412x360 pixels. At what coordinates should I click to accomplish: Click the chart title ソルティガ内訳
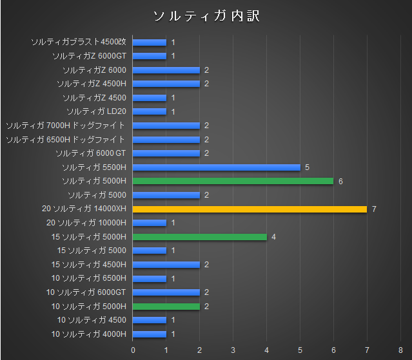click(x=206, y=15)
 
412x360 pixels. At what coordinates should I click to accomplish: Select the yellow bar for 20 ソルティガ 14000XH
click(x=250, y=209)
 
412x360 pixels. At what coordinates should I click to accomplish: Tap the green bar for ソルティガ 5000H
click(x=233, y=181)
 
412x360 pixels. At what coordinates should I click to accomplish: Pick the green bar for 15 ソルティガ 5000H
click(x=200, y=237)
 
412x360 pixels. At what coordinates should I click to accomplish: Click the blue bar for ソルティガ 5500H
click(x=217, y=167)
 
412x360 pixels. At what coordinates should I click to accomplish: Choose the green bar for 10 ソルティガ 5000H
click(x=166, y=306)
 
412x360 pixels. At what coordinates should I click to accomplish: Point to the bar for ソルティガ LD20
click(x=150, y=111)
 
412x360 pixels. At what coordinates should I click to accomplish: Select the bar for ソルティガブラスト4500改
click(x=150, y=43)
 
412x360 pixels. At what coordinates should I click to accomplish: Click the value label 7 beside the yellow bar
click(x=374, y=209)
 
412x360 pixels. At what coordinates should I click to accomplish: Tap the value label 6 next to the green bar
click(x=340, y=181)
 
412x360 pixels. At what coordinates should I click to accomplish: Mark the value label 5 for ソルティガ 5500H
click(x=307, y=167)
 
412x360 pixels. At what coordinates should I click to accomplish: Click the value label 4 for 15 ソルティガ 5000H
click(x=273, y=237)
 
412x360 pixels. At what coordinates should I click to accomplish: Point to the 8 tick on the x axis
click(x=400, y=350)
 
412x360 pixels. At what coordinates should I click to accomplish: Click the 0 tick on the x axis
click(x=133, y=350)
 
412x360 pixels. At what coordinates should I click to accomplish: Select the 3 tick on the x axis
click(x=233, y=350)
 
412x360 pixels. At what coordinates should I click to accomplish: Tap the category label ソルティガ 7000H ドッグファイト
click(x=65, y=126)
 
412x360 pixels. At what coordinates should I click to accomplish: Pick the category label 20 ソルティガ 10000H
click(x=86, y=223)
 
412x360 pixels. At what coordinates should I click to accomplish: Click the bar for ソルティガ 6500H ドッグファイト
click(x=166, y=139)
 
